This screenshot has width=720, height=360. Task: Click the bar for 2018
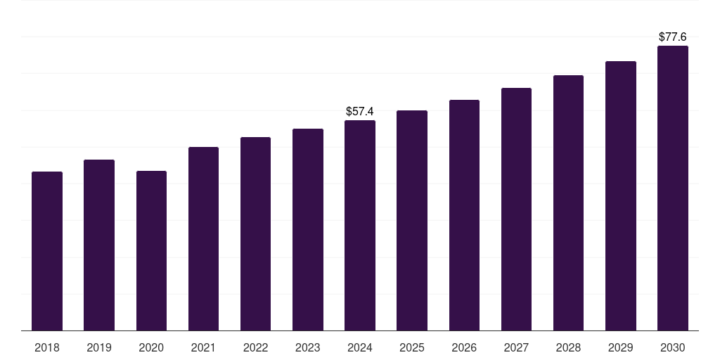tap(47, 251)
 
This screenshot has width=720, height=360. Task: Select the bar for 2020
tap(151, 250)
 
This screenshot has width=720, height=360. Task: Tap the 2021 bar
tap(203, 238)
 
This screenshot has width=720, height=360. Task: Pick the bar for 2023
tap(308, 229)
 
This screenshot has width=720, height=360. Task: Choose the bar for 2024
tap(360, 225)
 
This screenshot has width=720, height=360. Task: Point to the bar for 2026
tap(464, 215)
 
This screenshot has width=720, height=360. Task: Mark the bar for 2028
tap(568, 202)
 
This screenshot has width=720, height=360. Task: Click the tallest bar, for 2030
tap(673, 188)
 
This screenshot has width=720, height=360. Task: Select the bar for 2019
tap(99, 245)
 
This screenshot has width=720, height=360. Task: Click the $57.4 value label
tap(360, 111)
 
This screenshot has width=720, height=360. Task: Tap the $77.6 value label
tap(673, 37)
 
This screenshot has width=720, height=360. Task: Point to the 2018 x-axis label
tap(47, 347)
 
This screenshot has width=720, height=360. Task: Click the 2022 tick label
tap(255, 347)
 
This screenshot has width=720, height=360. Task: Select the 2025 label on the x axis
tap(412, 347)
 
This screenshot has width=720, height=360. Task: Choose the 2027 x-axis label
tap(516, 347)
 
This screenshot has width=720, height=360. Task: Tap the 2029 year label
tap(621, 347)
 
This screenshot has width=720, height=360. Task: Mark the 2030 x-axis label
tap(673, 347)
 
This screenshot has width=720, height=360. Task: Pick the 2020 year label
tap(151, 347)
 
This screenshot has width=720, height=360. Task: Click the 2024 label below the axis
tap(360, 347)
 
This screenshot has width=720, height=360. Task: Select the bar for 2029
tap(621, 195)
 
